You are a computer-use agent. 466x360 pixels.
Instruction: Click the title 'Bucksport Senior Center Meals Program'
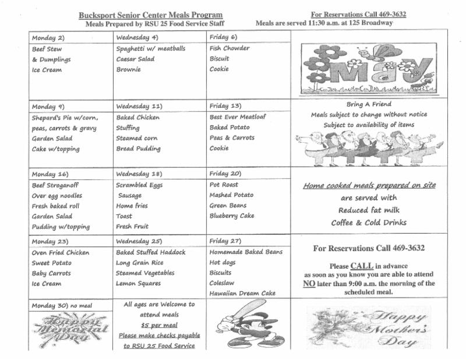point(150,15)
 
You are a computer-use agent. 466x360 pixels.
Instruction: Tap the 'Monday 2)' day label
point(48,37)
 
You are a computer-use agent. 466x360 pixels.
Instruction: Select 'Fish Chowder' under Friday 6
point(230,48)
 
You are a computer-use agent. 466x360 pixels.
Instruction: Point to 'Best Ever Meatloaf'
point(238,117)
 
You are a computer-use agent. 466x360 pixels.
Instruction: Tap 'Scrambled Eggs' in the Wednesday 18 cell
point(139,185)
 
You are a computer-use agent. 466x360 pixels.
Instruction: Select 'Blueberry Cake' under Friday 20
point(232,216)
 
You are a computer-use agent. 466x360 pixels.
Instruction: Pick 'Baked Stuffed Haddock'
point(151,252)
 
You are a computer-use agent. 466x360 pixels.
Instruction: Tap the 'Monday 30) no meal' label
point(62,306)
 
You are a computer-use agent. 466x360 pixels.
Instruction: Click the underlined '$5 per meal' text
point(159,325)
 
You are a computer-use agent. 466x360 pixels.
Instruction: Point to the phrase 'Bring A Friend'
point(369,104)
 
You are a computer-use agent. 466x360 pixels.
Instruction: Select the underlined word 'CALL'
point(361,265)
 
